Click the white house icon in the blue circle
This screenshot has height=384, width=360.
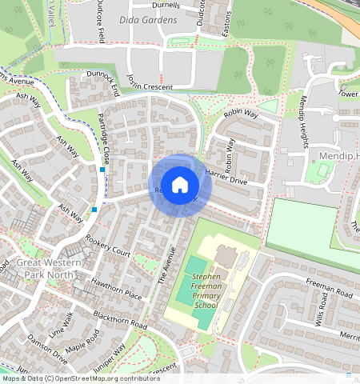pos(180,185)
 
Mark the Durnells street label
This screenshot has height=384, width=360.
pos(165,5)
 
